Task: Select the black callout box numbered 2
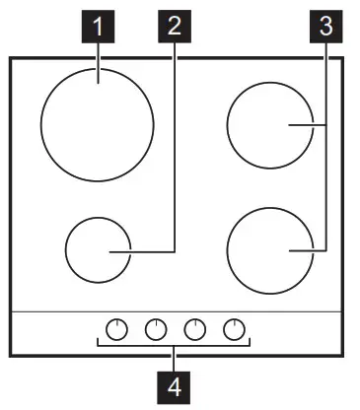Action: point(175,27)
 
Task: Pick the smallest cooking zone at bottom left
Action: point(98,251)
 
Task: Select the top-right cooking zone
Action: point(268,125)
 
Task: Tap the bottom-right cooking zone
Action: point(268,251)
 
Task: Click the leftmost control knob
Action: point(116,329)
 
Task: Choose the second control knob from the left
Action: point(155,329)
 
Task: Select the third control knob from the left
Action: point(194,329)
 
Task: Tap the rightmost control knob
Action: point(233,329)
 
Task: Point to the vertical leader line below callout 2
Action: point(175,148)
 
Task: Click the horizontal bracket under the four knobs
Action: point(138,346)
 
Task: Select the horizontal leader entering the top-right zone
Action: point(308,125)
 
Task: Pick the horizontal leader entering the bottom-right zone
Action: point(308,251)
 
